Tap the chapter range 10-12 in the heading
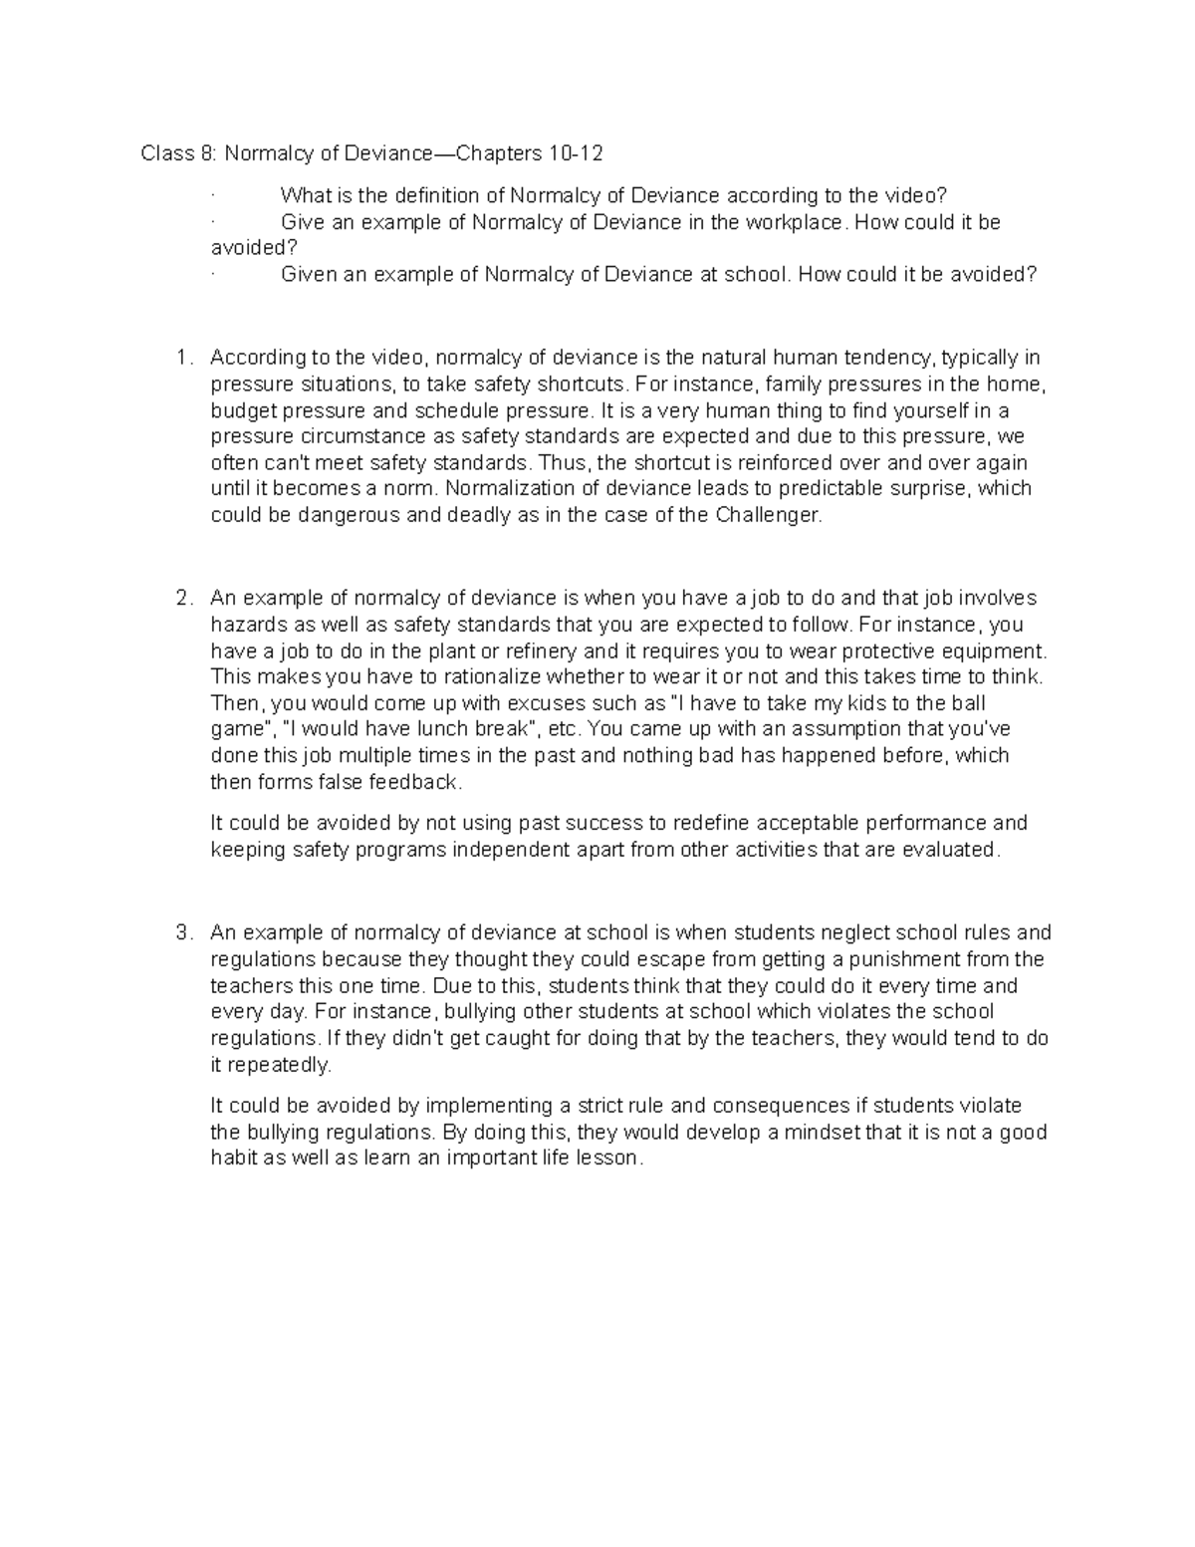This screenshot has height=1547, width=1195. (574, 153)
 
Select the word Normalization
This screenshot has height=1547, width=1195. (507, 489)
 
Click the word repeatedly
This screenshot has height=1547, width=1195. (282, 1065)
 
